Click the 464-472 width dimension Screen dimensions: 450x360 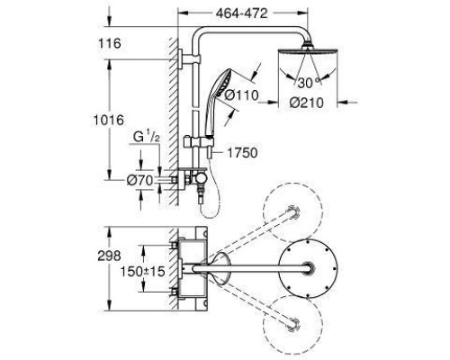[241, 13]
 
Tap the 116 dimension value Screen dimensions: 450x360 [110, 43]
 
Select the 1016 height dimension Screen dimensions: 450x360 [109, 121]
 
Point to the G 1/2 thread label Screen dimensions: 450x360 [147, 138]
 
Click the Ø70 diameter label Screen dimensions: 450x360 [139, 180]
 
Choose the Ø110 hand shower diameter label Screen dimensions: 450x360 [242, 95]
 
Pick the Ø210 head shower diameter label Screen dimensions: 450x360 [307, 103]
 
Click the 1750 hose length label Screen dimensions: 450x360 [242, 153]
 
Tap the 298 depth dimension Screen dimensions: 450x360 [109, 256]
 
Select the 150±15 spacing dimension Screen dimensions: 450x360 [143, 272]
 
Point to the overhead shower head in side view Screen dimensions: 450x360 [308, 51]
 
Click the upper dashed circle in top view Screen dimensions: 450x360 [292, 184]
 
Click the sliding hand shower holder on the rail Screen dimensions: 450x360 [199, 141]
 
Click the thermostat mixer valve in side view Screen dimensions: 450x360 [192, 179]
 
